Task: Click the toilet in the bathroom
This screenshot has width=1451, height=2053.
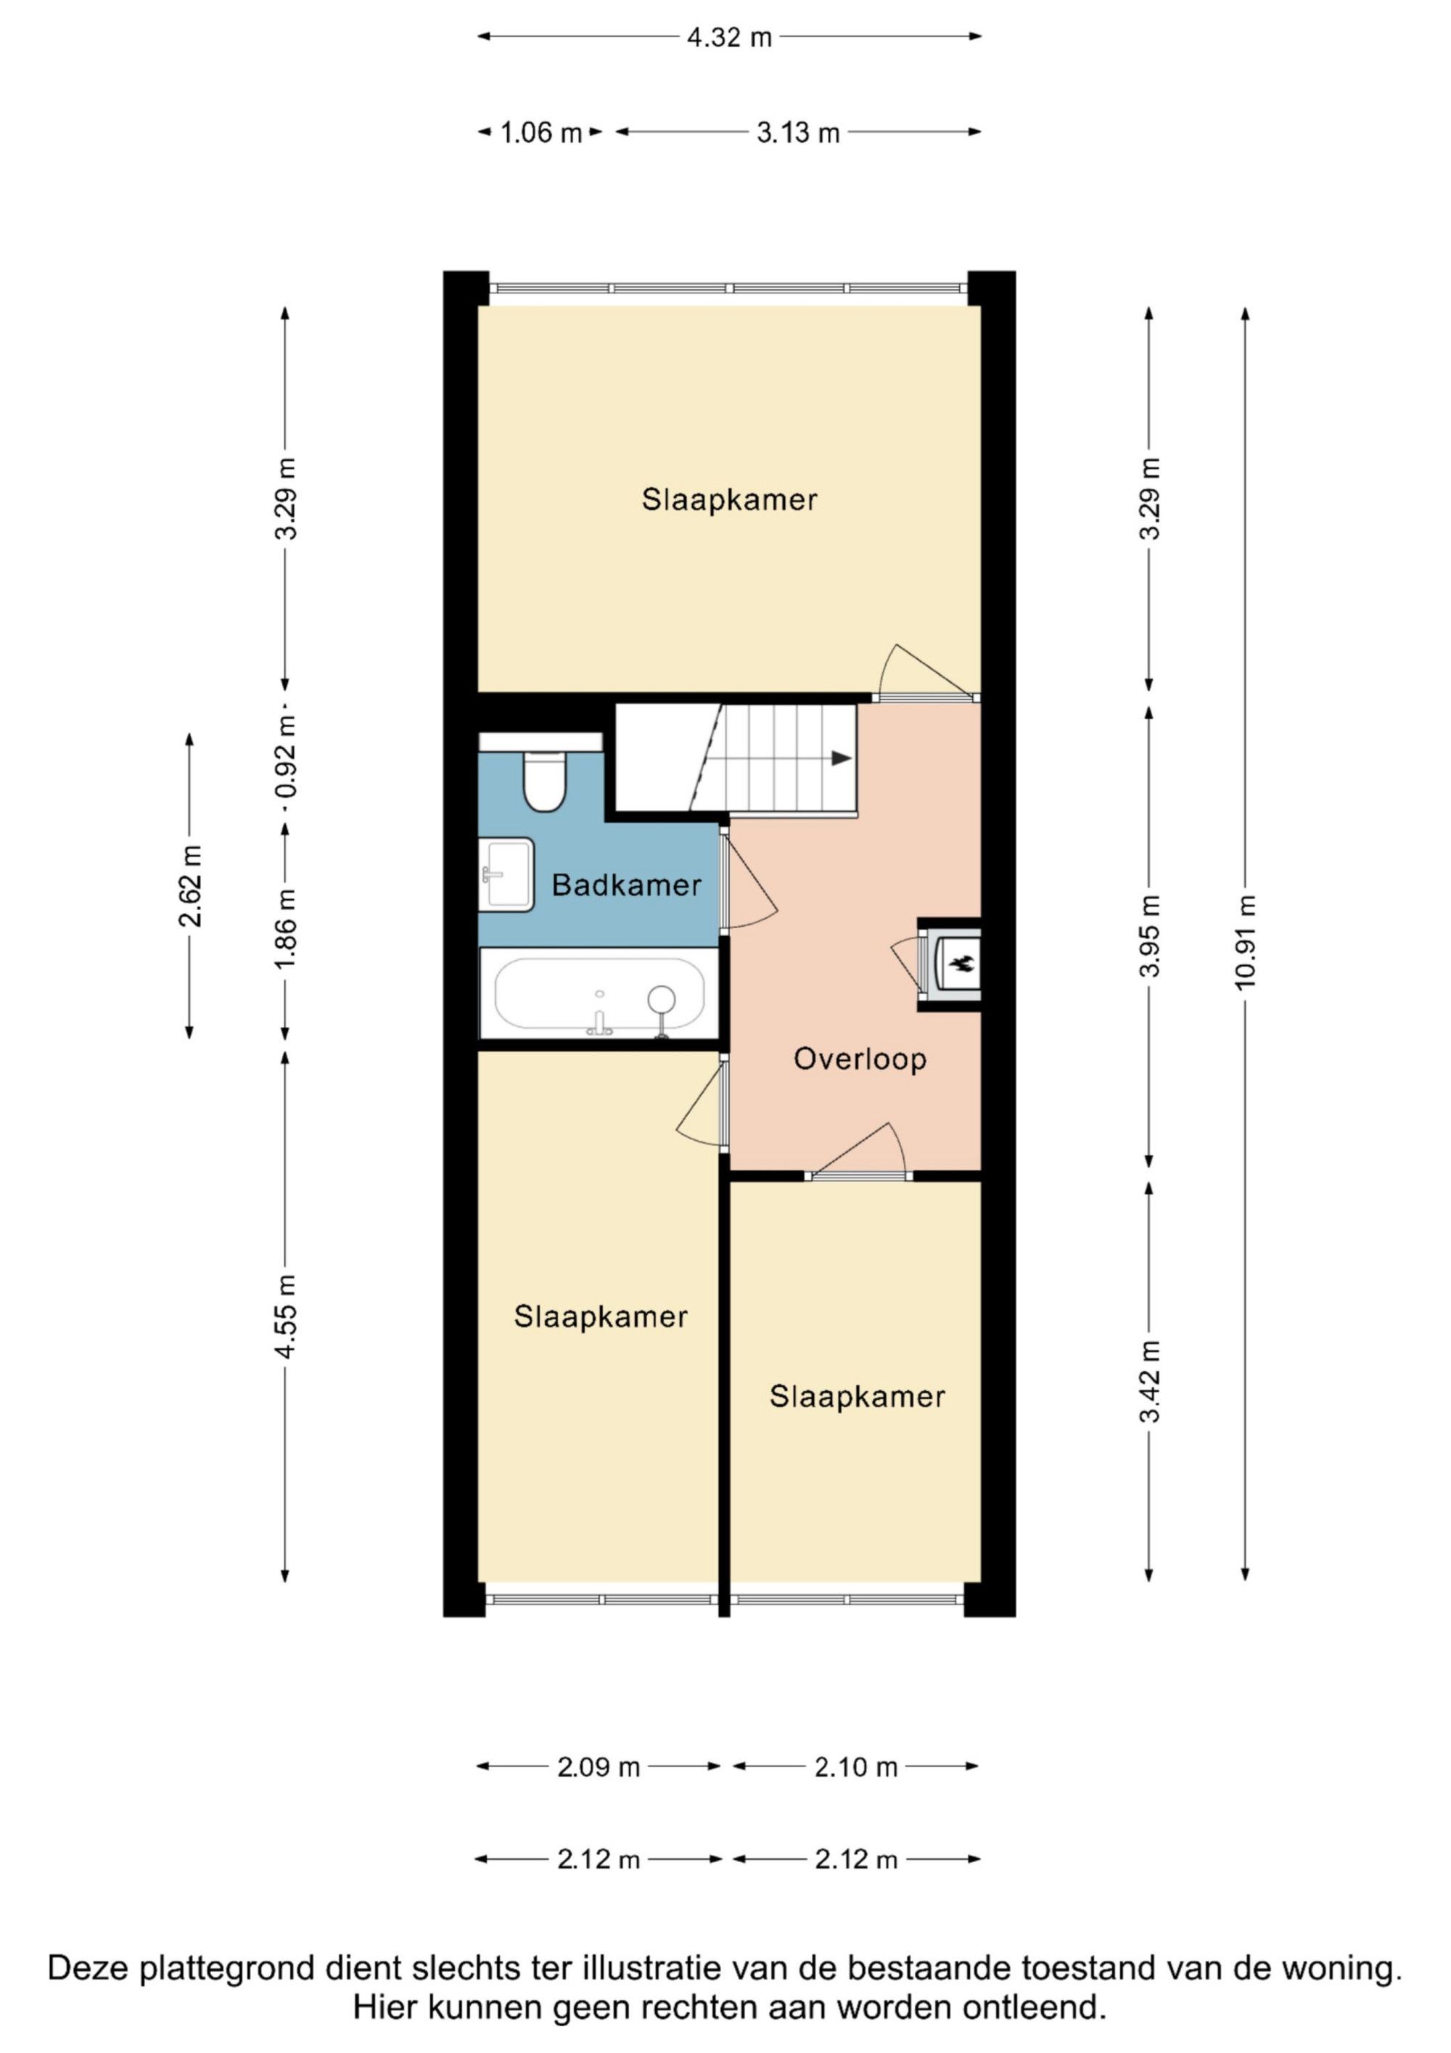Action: (543, 781)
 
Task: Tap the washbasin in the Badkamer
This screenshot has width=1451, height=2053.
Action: (506, 874)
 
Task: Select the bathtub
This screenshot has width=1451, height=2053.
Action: (599, 993)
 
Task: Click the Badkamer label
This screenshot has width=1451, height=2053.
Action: (626, 885)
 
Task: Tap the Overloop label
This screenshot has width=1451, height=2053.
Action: (860, 1060)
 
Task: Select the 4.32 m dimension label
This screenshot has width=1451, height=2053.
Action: (728, 38)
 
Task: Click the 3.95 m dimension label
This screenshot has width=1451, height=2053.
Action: (1150, 935)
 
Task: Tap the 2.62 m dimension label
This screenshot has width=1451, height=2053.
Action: (189, 886)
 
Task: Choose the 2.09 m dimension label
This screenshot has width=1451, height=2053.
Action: (598, 1767)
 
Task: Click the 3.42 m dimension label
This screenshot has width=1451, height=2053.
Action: (1150, 1382)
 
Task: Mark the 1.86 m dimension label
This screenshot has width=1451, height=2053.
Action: (285, 929)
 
